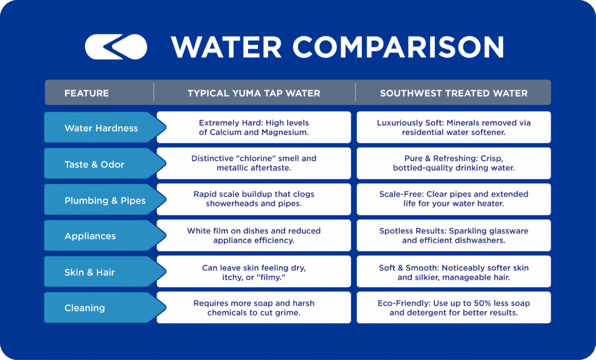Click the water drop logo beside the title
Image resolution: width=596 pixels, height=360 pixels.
pos(116,47)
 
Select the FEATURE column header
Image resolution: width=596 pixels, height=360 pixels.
pos(86,93)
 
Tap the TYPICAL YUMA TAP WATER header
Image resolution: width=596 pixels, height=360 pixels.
pos(254,93)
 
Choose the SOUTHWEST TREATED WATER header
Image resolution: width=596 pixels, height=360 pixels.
pos(453,93)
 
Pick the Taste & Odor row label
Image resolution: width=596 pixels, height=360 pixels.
pos(94,164)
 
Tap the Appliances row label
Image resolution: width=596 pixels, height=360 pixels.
pos(90,236)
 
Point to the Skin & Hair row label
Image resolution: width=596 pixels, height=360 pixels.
pos(90,272)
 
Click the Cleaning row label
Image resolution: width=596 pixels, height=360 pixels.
pos(85,308)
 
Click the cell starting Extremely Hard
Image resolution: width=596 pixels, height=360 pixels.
pos(254,127)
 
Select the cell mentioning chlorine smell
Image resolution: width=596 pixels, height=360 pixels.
pos(254,163)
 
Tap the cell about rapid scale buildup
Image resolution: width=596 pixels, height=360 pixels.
pos(254,199)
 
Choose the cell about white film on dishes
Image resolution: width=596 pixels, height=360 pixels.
pos(254,236)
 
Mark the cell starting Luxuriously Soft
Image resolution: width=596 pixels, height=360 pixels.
pos(453,127)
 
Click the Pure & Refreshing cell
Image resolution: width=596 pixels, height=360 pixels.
pos(453,163)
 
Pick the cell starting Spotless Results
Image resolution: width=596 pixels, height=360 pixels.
pos(453,236)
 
